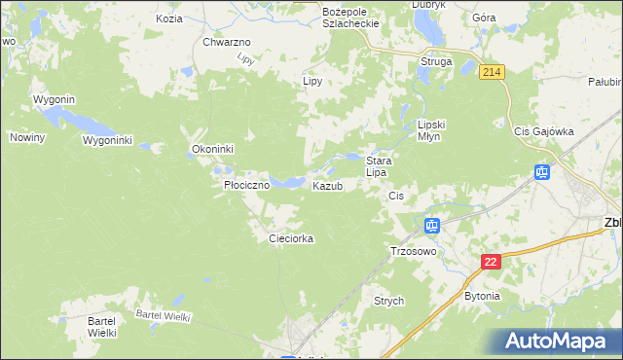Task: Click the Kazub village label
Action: (x=327, y=186)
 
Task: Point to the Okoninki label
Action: (x=212, y=150)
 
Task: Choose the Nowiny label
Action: (x=28, y=137)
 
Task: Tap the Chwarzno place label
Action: (x=227, y=43)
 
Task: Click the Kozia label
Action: (x=168, y=18)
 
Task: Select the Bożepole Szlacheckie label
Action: (x=349, y=17)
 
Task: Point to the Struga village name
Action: (x=435, y=61)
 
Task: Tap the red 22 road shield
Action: (x=491, y=263)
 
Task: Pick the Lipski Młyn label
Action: (x=430, y=130)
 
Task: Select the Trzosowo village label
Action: (x=413, y=250)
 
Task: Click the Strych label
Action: (x=388, y=302)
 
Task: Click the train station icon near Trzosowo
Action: (x=432, y=227)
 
